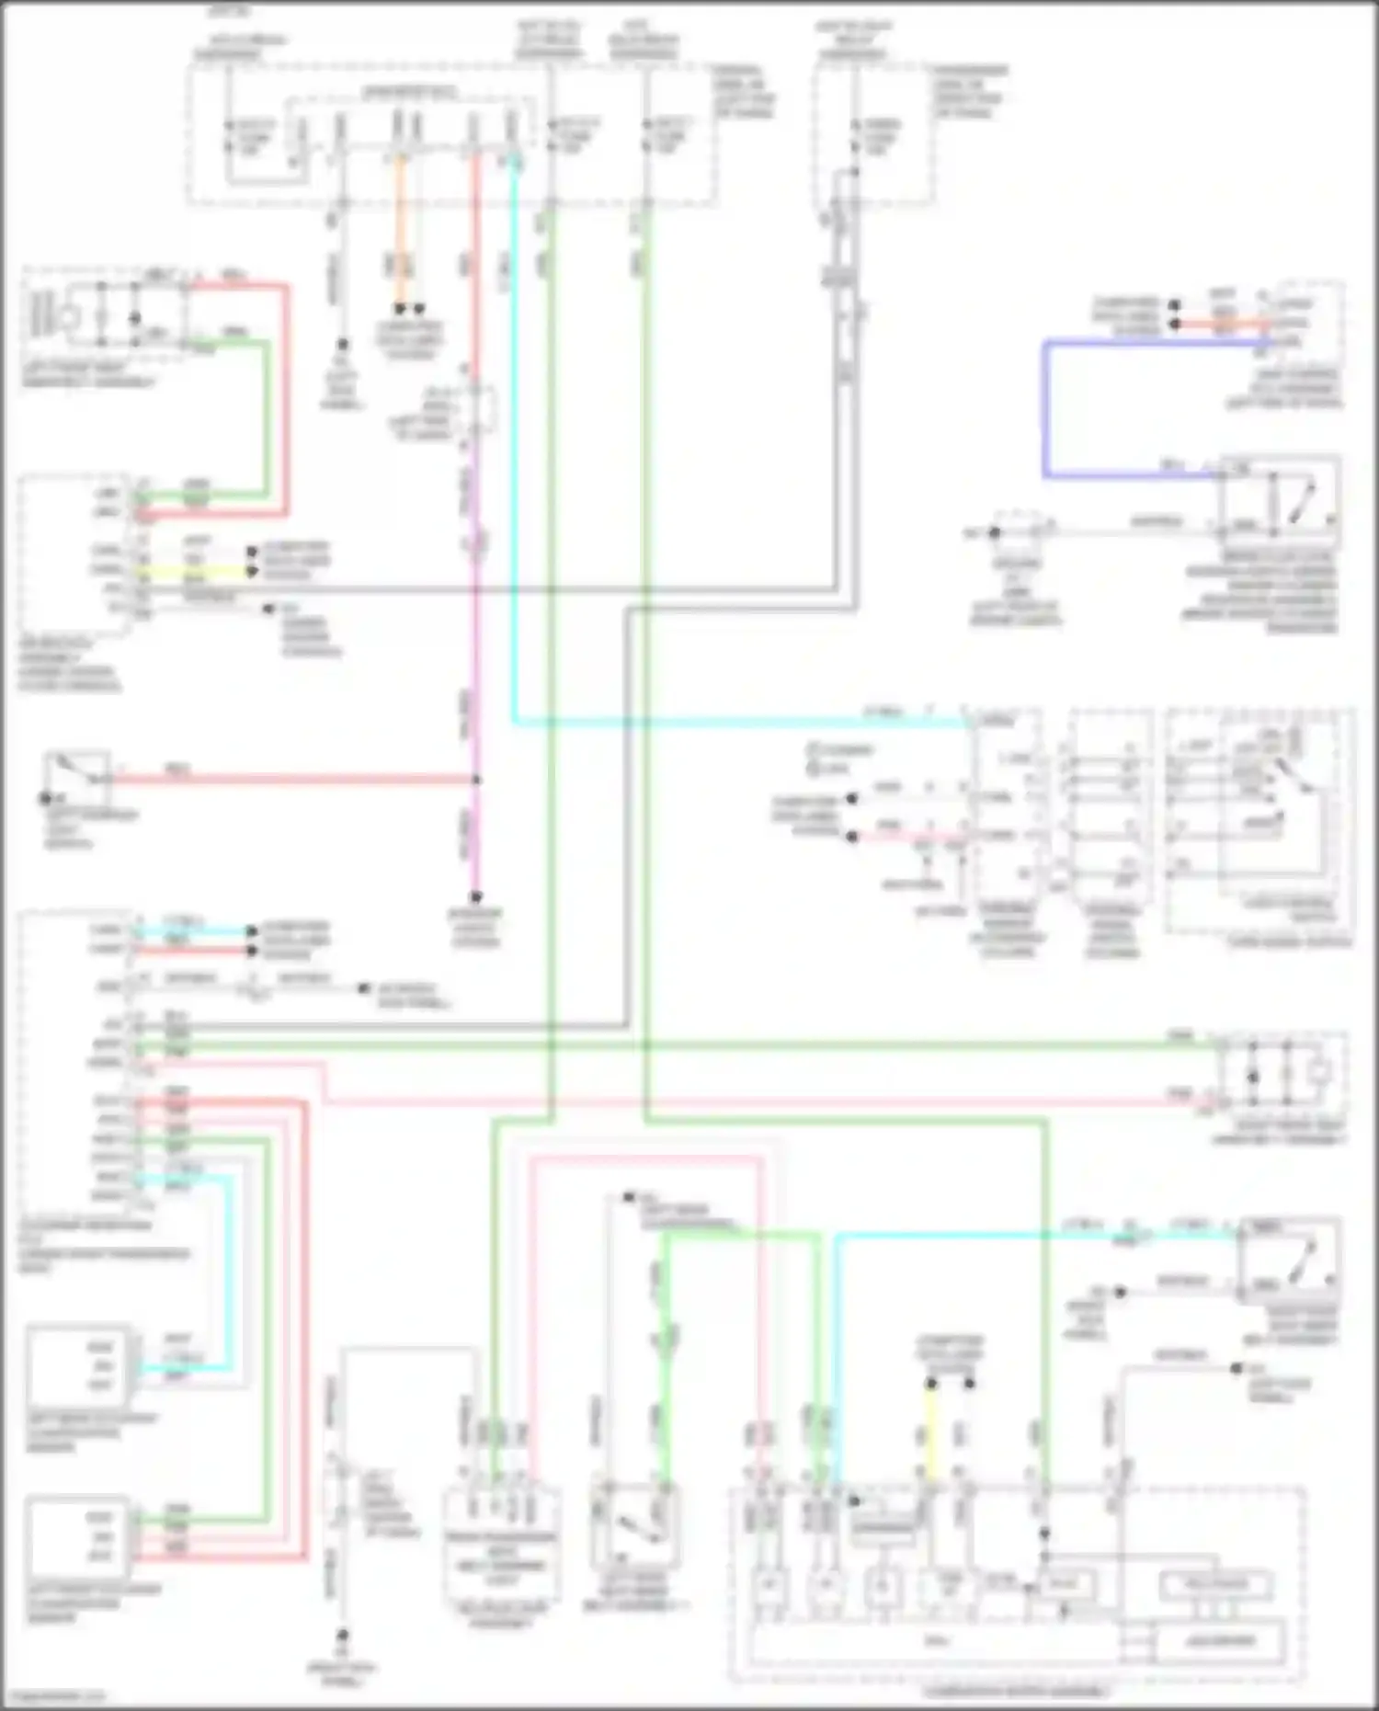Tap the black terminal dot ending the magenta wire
pyautogui.click(x=476, y=896)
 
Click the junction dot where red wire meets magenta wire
pyautogui.click(x=476, y=780)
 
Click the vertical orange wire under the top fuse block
pyautogui.click(x=400, y=239)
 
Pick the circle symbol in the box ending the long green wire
pyautogui.click(x=1319, y=1072)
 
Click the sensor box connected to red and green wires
pyautogui.click(x=78, y=1536)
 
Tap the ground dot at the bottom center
pyautogui.click(x=342, y=1636)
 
